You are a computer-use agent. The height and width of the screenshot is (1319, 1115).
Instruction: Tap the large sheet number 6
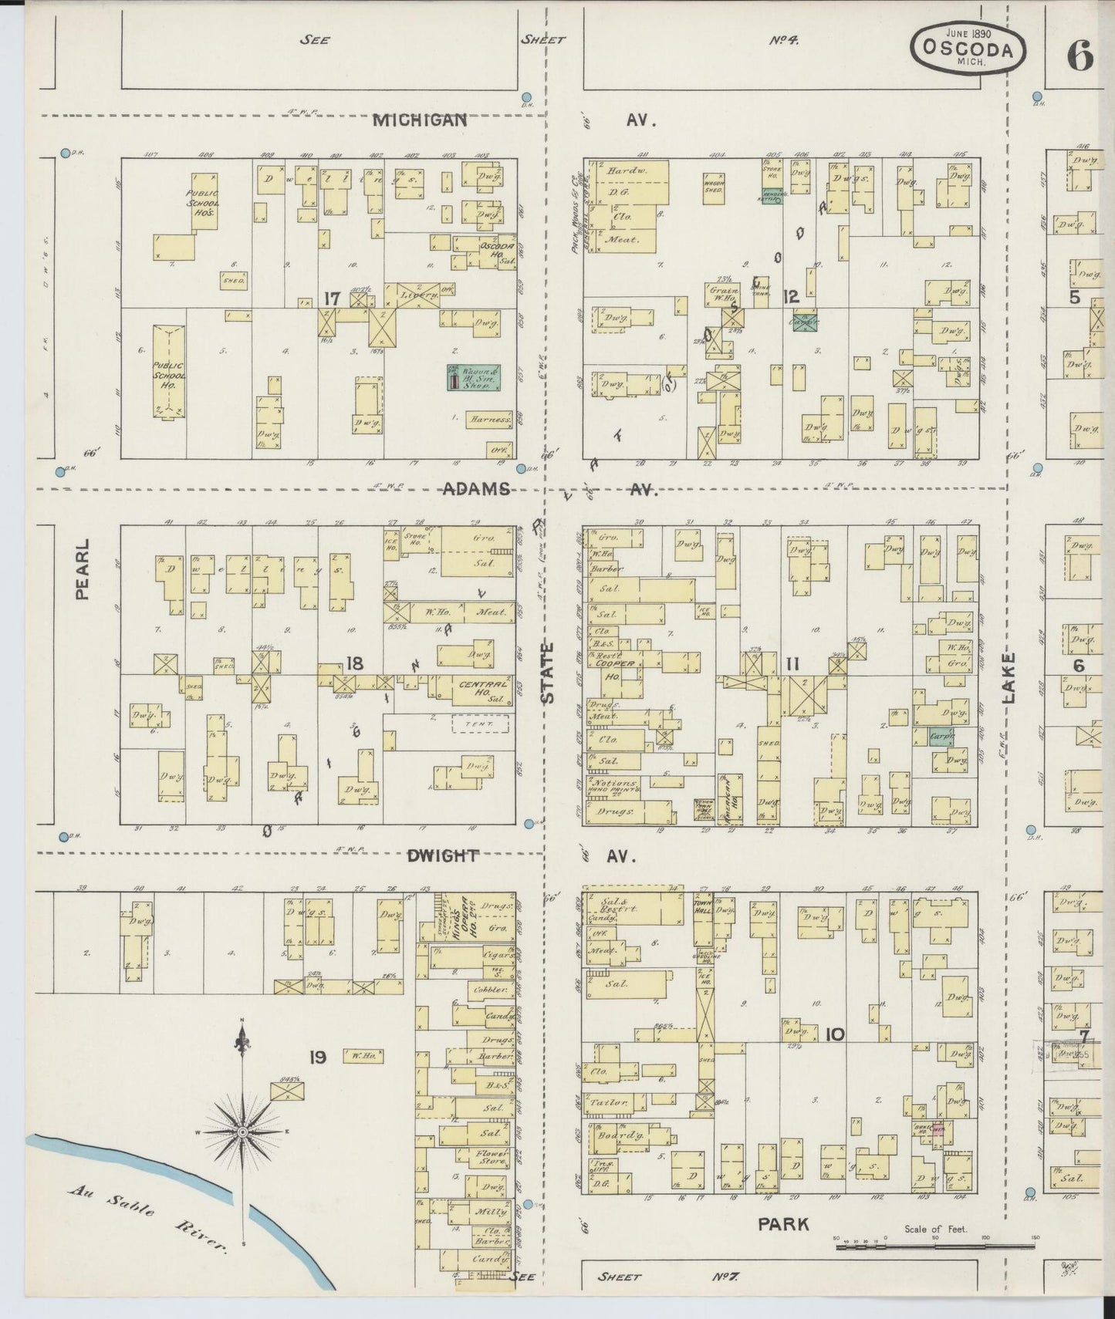pos(1080,56)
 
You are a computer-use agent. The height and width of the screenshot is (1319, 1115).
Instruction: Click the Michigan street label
pos(421,120)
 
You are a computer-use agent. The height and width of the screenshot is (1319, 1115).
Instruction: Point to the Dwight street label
pos(443,855)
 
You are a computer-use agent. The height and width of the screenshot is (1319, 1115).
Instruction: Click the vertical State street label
pos(547,672)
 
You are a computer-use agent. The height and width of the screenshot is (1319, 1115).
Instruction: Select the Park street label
pos(783,1223)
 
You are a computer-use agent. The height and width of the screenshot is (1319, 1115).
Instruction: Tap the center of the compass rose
pos(242,1132)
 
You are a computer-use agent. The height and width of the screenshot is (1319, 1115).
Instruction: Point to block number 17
pos(332,299)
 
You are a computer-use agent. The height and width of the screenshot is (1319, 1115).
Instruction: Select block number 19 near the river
pos(318,1057)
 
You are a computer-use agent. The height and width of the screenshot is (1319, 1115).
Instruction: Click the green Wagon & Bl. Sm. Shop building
pos(472,376)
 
